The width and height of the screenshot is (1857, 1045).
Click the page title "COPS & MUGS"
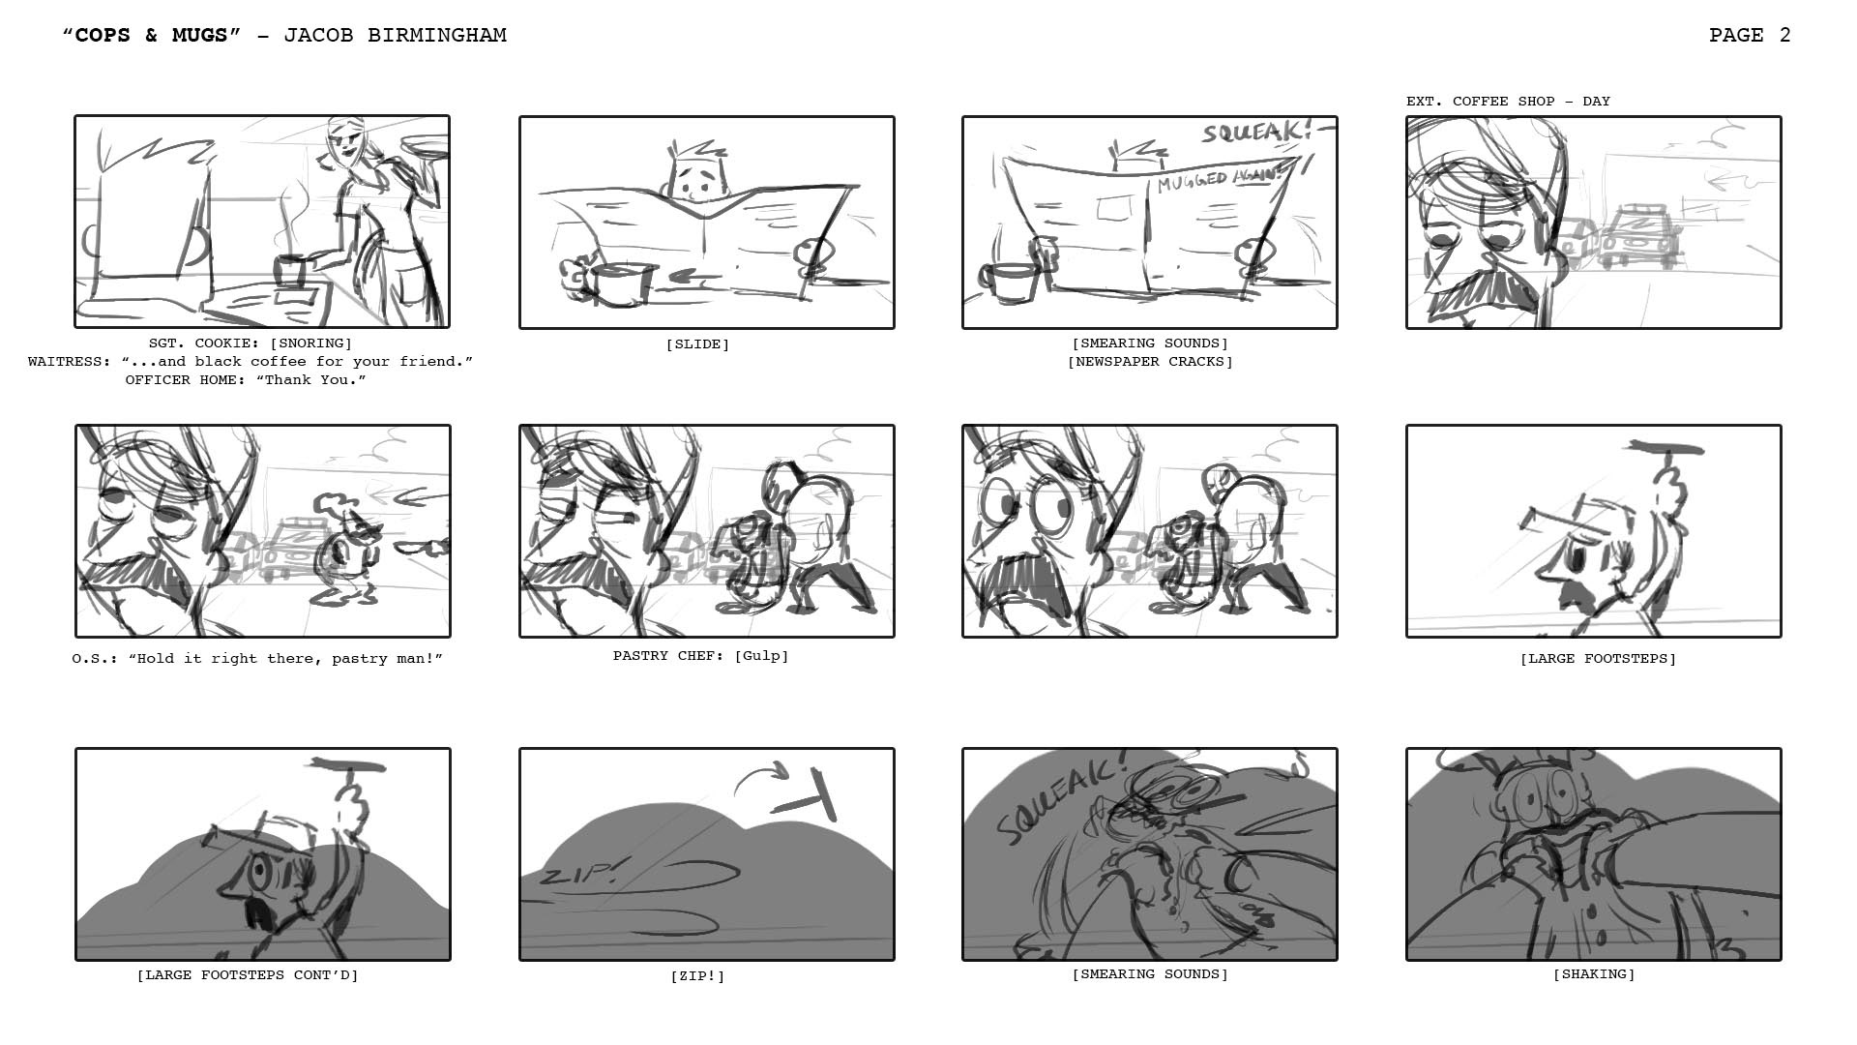click(151, 36)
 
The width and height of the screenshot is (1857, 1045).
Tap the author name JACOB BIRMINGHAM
click(395, 36)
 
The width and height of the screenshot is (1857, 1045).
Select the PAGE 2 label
click(1750, 36)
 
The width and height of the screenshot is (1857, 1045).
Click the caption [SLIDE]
click(697, 344)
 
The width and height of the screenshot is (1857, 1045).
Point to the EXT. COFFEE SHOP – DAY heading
click(1508, 101)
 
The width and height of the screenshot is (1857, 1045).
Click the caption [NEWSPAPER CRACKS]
click(1150, 362)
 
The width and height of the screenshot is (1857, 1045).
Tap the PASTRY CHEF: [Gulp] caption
click(701, 656)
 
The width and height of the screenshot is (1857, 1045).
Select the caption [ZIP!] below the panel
click(697, 976)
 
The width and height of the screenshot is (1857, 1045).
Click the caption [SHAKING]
click(1594, 974)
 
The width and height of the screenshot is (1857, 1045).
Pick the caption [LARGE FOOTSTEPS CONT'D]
click(248, 975)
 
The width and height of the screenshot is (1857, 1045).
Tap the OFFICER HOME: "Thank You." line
click(246, 380)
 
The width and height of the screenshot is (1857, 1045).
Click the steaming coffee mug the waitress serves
click(290, 271)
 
